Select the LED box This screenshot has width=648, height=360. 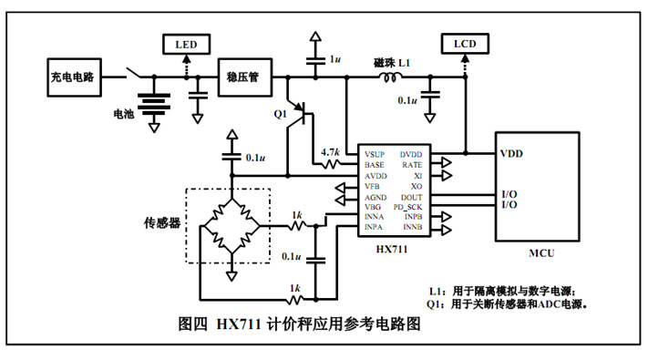tap(185, 44)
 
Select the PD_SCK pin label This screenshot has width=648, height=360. tap(414, 206)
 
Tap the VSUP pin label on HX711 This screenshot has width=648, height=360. tap(375, 154)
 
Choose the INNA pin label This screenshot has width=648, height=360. tap(375, 217)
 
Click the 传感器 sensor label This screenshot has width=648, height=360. tap(161, 222)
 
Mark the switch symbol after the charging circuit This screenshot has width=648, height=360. tap(133, 74)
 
